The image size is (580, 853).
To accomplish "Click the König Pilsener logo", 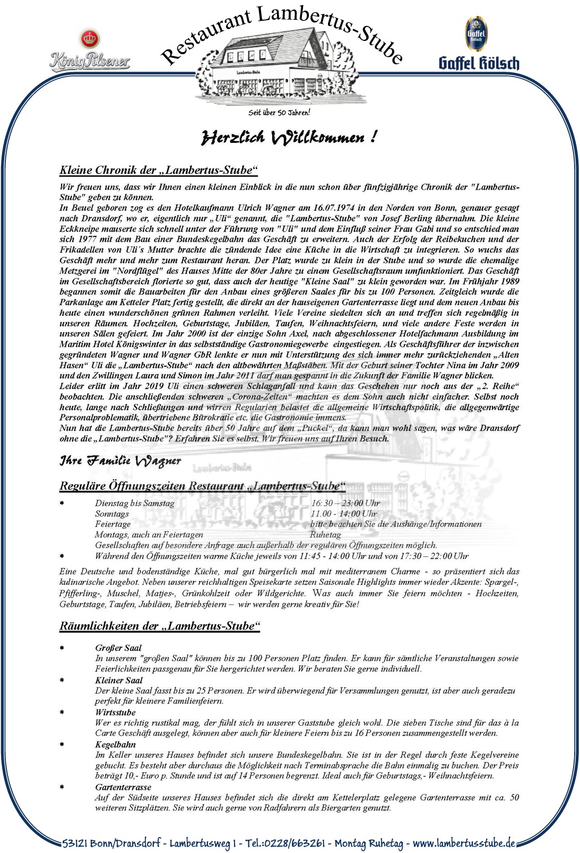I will pyautogui.click(x=89, y=51).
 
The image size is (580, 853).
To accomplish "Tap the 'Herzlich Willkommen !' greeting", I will pyautogui.click(x=289, y=138).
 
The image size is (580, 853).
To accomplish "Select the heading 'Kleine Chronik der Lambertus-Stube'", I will pyautogui.click(x=158, y=170).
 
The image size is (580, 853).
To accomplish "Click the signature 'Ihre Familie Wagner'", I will pyautogui.click(x=120, y=460).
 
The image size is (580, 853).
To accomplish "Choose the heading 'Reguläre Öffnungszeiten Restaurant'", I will pyautogui.click(x=202, y=486).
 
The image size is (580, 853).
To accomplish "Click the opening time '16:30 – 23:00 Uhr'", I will pyautogui.click(x=345, y=503).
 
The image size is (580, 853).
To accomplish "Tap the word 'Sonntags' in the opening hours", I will pyautogui.click(x=112, y=514).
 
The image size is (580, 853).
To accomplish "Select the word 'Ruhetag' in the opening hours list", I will pyautogui.click(x=325, y=535).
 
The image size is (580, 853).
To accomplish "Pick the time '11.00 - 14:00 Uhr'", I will pyautogui.click(x=343, y=514).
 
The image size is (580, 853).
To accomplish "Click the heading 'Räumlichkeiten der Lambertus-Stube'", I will pyautogui.click(x=159, y=626).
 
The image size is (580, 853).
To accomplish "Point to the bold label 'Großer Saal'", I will pyautogui.click(x=118, y=648).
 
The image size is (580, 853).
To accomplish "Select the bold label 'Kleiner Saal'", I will pyautogui.click(x=119, y=680).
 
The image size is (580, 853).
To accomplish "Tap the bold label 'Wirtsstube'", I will pyautogui.click(x=115, y=712).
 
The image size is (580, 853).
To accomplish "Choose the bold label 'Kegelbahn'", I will pyautogui.click(x=115, y=745).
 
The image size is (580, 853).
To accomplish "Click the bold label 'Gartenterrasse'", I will pyautogui.click(x=123, y=787).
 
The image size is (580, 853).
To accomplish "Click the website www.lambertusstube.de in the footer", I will pyautogui.click(x=463, y=843).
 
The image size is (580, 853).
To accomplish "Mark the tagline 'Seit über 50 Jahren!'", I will pyautogui.click(x=279, y=113).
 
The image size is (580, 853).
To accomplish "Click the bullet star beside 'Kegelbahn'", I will pyautogui.click(x=62, y=745).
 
